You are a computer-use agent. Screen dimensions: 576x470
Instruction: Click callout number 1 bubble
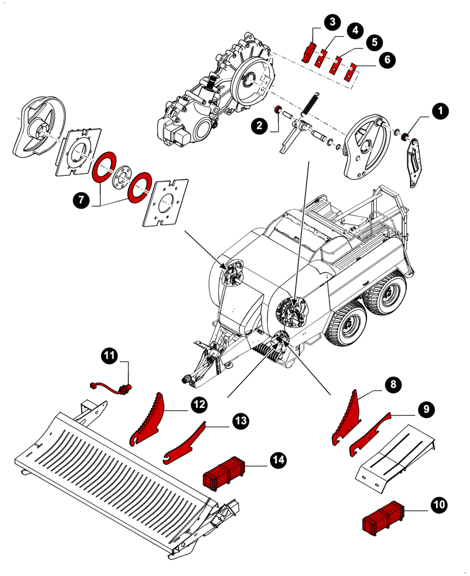tap(441, 111)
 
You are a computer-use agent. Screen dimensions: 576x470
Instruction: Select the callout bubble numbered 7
tap(81, 200)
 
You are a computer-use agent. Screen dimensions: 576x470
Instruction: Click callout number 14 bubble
tap(278, 460)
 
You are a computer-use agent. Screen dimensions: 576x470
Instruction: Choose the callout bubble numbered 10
tap(439, 505)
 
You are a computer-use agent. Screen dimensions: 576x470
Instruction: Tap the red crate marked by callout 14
tap(223, 471)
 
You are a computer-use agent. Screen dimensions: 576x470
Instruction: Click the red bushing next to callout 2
tap(277, 111)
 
